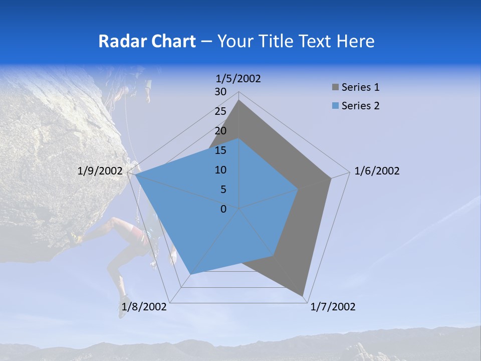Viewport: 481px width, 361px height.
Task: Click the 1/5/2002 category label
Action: point(238,78)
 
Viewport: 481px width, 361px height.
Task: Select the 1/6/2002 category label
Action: point(377,171)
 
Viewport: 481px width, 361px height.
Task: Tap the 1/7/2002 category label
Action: point(333,307)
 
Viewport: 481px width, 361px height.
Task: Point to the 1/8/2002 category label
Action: point(144,307)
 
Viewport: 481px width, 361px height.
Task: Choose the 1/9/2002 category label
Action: point(100,171)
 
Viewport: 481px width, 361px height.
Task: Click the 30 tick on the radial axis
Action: point(220,92)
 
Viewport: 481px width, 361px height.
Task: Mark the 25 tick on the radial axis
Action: point(220,111)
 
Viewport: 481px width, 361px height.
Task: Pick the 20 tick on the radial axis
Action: point(220,131)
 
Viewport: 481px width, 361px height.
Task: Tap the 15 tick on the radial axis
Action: point(220,150)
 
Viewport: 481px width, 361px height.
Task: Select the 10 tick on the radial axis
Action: point(220,170)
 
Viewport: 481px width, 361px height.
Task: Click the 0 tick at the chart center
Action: point(223,209)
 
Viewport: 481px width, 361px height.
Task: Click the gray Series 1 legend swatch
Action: point(335,87)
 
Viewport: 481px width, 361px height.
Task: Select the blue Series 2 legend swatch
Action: point(335,106)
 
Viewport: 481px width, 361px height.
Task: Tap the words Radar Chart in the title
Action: point(147,41)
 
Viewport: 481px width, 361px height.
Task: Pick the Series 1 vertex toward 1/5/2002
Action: point(239,100)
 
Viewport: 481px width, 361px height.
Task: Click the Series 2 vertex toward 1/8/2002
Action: point(190,274)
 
